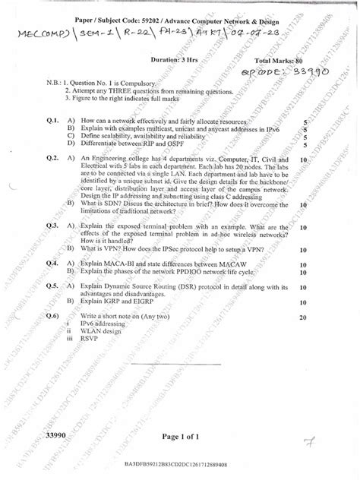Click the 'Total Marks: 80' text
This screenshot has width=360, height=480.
[282, 58]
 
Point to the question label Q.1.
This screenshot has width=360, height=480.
[52, 121]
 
